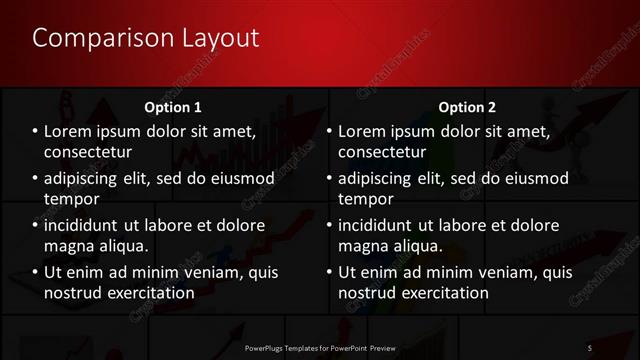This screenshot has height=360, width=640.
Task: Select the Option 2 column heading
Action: (466, 106)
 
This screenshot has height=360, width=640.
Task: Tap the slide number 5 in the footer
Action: (590, 347)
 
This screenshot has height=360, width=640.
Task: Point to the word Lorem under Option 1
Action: (70, 131)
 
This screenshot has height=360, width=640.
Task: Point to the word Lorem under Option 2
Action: (364, 131)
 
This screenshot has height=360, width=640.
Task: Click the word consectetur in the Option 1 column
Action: (89, 152)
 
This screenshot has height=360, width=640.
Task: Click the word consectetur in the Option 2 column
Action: (383, 152)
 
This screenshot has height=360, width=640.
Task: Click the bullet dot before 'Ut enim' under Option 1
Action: (34, 272)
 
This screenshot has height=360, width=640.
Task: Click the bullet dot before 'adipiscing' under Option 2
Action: (328, 178)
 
